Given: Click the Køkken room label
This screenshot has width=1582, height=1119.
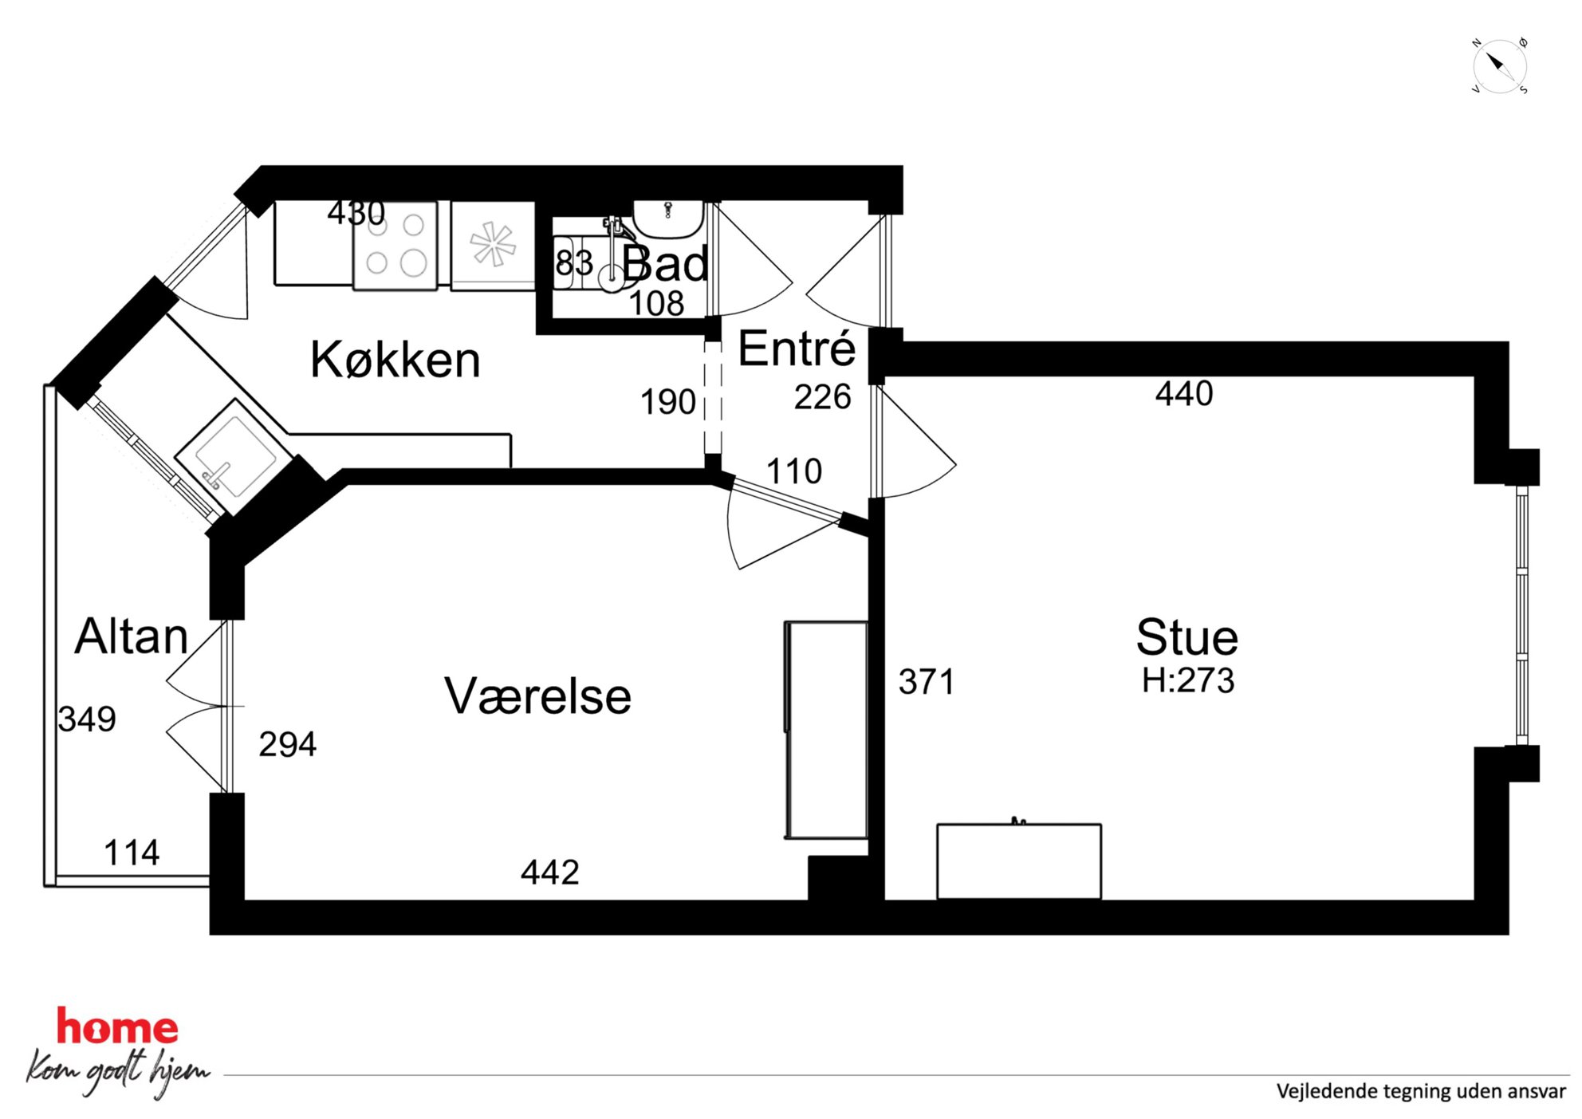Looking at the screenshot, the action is (x=395, y=360).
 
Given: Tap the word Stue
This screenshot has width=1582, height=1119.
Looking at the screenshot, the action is (x=1186, y=637).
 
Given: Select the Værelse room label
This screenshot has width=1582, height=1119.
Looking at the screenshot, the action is (x=537, y=695).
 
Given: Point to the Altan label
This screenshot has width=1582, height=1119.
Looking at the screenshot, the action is (x=132, y=636).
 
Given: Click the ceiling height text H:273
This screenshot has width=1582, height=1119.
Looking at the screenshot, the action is (x=1188, y=680).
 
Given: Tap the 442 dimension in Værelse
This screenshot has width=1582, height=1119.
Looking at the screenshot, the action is (x=550, y=873).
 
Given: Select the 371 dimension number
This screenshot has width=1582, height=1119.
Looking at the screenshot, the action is (x=927, y=682).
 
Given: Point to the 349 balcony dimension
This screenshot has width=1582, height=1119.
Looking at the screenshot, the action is (x=87, y=719).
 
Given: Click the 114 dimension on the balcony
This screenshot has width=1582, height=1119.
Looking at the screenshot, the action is (x=132, y=853).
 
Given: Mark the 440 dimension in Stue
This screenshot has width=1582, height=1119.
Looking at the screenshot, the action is (x=1184, y=394).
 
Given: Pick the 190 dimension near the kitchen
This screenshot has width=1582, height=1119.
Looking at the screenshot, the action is (x=668, y=402).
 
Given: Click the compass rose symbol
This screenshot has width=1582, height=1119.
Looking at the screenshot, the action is (x=1499, y=66).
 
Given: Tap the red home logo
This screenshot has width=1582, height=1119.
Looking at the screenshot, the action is (x=117, y=1026).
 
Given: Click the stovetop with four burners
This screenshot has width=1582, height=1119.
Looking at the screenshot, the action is (x=395, y=245).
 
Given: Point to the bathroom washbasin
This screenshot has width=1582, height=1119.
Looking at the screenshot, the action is (x=668, y=219).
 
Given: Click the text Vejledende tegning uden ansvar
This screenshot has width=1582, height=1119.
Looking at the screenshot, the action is (x=1421, y=1091).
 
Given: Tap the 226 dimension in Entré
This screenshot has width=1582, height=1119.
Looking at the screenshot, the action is (x=823, y=397).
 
